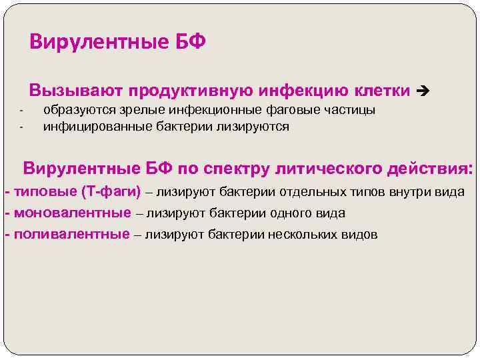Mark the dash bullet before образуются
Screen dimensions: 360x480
click(x=21, y=111)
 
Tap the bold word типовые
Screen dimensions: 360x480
click(x=44, y=193)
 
